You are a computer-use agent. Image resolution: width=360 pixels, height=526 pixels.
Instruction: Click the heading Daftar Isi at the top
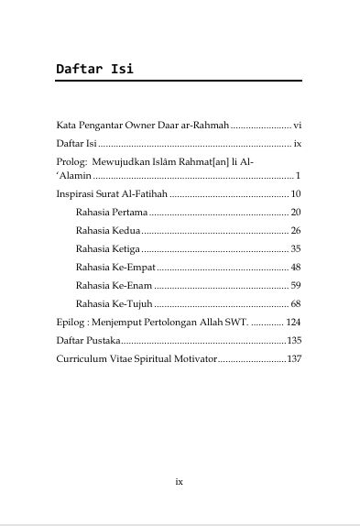click(x=94, y=69)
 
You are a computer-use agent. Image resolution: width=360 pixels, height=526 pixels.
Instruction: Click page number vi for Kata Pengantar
click(x=297, y=124)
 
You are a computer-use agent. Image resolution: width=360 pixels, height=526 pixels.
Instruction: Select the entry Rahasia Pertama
click(x=105, y=212)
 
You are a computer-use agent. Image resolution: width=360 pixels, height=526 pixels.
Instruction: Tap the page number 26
click(x=296, y=230)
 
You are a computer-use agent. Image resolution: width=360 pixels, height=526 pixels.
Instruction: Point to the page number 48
click(x=296, y=267)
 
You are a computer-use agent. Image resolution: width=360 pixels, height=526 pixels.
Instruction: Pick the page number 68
click(x=296, y=303)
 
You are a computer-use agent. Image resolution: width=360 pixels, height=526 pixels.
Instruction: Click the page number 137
click(x=294, y=358)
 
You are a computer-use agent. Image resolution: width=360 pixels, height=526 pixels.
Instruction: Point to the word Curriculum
click(x=81, y=358)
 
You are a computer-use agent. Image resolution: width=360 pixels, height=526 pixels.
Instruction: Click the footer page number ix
click(x=180, y=481)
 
